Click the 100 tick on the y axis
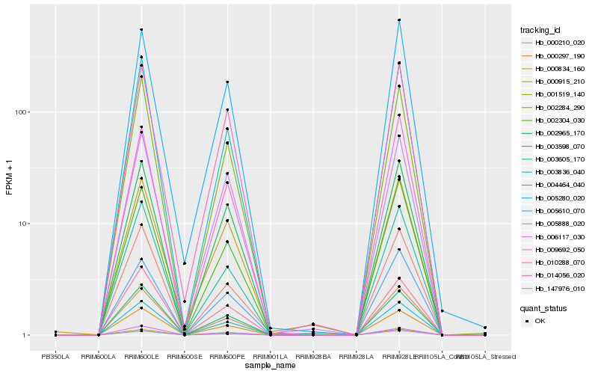tap(22, 112)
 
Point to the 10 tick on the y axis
tap(25, 224)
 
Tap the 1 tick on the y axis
tap(27, 335)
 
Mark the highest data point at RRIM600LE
tap(141, 30)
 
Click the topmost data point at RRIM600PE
tap(227, 82)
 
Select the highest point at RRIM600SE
tap(184, 263)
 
